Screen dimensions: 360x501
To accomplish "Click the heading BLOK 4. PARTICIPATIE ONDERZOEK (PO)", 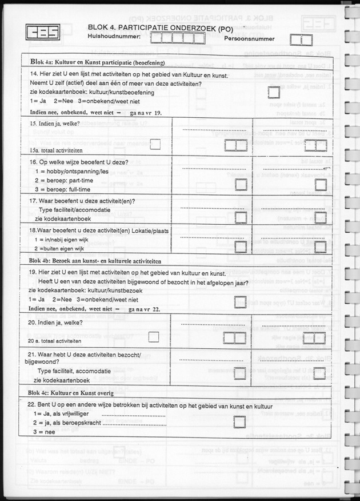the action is (159, 27).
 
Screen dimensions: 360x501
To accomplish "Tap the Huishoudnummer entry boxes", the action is (178, 38).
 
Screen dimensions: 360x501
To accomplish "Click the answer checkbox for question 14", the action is (274, 92).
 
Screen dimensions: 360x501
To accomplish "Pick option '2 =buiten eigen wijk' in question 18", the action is (59, 248).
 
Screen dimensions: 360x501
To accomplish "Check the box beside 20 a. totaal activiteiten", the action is (153, 337).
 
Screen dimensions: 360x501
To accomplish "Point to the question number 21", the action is (32, 355).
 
